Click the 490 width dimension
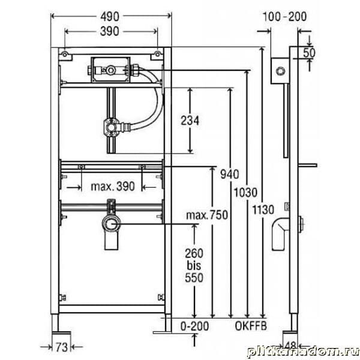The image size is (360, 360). click(110, 17)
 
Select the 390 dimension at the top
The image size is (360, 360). click(110, 31)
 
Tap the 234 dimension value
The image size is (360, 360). click(190, 121)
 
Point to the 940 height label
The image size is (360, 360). click(230, 174)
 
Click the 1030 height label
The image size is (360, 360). click(245, 193)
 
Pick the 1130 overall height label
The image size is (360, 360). click(263, 210)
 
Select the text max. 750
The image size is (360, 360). click(207, 215)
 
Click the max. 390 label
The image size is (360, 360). click(113, 187)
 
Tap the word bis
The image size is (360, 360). click(194, 266)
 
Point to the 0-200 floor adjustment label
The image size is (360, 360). click(194, 326)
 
